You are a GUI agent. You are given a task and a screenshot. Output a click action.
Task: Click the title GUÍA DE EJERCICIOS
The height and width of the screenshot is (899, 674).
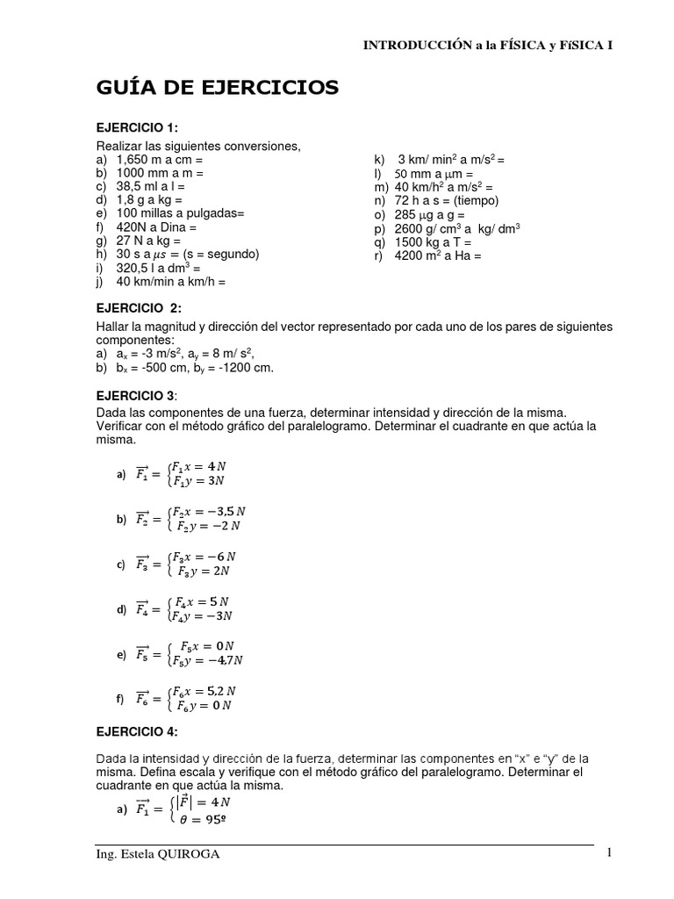[217, 88]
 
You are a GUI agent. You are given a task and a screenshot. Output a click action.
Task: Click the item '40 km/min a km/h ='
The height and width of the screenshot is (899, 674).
[170, 282]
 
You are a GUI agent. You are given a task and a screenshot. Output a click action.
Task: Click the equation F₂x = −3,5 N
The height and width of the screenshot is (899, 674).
[208, 511]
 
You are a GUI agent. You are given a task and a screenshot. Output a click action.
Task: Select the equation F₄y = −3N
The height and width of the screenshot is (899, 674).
[201, 616]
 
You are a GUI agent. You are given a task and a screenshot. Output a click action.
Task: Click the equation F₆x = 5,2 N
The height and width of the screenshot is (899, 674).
[208, 691]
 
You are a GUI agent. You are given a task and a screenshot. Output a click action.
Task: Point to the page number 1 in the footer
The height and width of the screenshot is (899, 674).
[607, 853]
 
